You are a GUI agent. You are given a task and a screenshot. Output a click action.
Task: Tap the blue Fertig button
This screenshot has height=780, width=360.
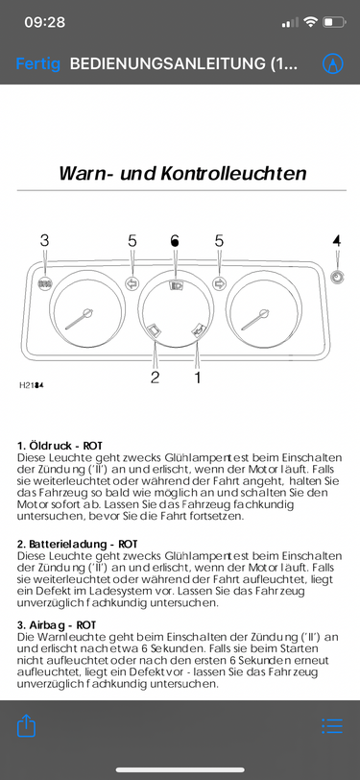(38, 63)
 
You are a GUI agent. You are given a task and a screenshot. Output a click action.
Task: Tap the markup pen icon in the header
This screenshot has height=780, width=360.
(333, 63)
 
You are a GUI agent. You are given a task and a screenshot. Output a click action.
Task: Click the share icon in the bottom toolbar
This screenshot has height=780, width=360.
(27, 726)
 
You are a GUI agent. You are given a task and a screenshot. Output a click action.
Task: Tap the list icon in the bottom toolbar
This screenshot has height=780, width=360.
(332, 726)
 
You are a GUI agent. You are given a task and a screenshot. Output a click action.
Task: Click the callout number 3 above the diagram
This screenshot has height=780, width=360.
(45, 241)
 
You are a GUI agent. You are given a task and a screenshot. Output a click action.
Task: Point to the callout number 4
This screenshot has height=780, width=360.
(337, 241)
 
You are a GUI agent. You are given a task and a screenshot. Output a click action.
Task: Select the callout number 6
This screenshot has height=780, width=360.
(175, 241)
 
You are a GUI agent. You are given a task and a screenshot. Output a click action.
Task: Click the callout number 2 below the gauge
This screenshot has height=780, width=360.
(156, 378)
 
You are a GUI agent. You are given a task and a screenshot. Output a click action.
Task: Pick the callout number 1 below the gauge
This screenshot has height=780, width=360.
(198, 378)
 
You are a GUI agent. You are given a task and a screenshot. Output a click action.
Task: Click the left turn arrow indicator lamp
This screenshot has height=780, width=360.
(132, 283)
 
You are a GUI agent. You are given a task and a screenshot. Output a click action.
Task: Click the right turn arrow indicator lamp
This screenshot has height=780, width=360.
(219, 283)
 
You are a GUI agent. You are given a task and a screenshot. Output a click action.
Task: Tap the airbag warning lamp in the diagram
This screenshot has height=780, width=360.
(45, 284)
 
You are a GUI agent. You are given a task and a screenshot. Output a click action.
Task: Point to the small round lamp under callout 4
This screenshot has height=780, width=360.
(337, 277)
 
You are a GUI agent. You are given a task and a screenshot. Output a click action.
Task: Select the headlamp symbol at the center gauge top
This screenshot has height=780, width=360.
(176, 285)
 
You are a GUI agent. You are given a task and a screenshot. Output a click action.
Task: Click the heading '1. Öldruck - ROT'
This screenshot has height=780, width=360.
(60, 446)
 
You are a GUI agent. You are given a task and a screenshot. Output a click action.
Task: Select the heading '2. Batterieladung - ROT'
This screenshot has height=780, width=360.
(77, 545)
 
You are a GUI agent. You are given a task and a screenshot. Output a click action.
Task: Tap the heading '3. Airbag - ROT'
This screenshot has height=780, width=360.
(57, 624)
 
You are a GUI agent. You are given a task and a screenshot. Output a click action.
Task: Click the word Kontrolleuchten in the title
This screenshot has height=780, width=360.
(233, 174)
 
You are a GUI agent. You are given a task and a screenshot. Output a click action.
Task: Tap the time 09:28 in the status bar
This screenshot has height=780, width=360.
(45, 22)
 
